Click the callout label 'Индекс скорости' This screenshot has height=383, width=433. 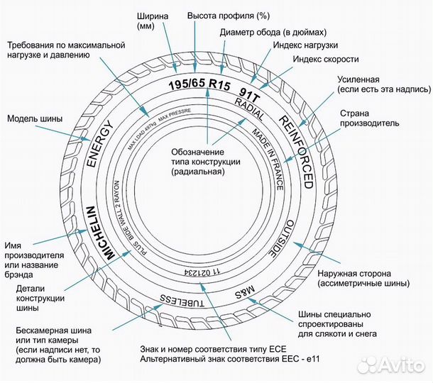pyautogui.click(x=326, y=59)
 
